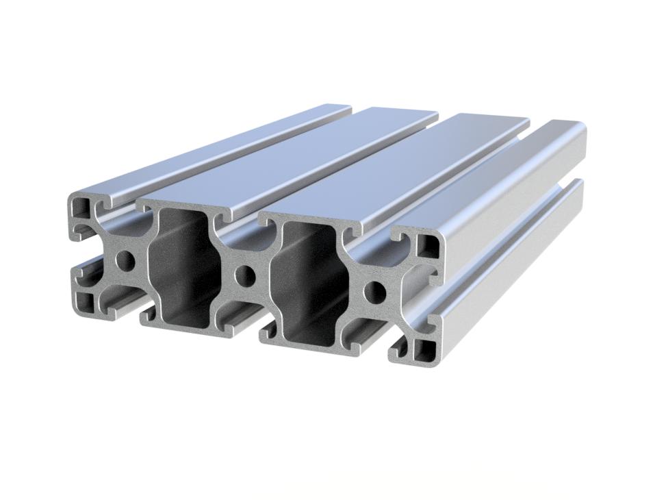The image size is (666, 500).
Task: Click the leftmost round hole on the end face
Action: (125, 260)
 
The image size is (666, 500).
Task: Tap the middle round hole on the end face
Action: (244, 277)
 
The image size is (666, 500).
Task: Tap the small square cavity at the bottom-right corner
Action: (422, 351)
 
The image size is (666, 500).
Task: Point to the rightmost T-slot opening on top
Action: (373, 236)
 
